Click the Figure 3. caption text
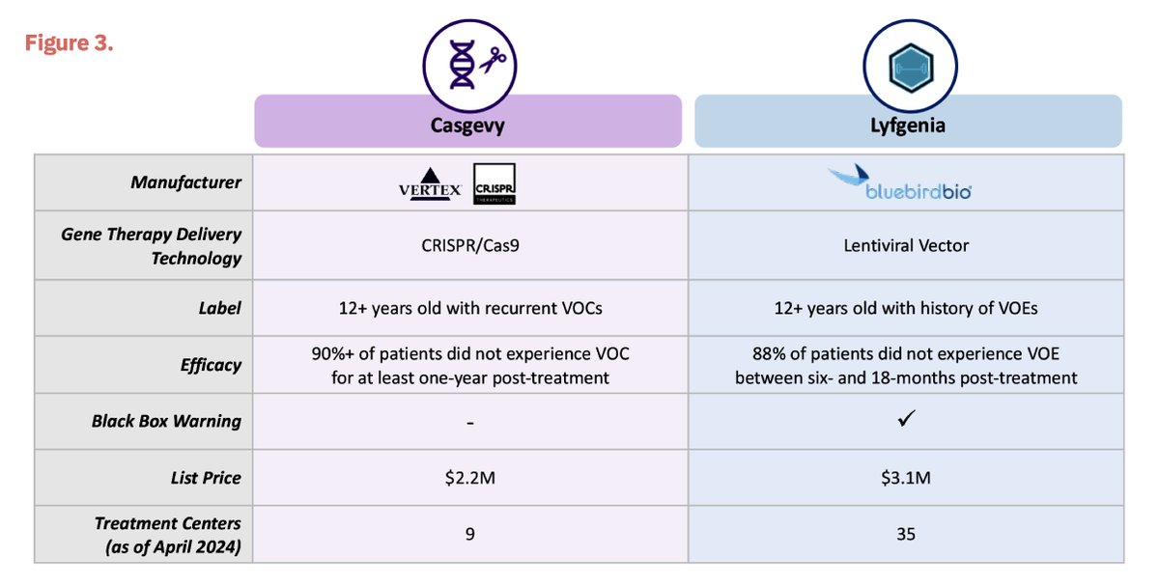pyautogui.click(x=69, y=44)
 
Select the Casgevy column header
pyautogui.click(x=467, y=125)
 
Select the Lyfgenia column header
pyautogui.click(x=907, y=125)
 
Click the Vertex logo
pyautogui.click(x=431, y=189)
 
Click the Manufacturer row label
pyautogui.click(x=187, y=182)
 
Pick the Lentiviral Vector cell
pyautogui.click(x=906, y=245)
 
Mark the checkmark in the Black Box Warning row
pyautogui.click(x=906, y=420)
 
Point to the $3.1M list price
pyautogui.click(x=906, y=478)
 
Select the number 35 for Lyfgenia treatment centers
pyautogui.click(x=906, y=534)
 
